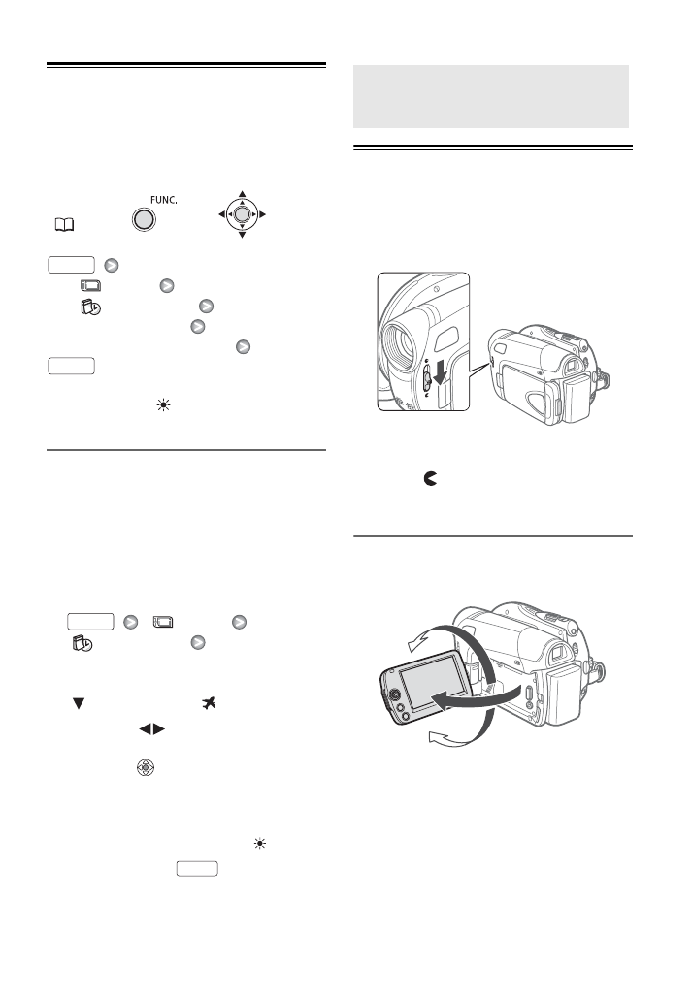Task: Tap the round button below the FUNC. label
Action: tap(143, 220)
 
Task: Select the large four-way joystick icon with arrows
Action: tap(243, 213)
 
